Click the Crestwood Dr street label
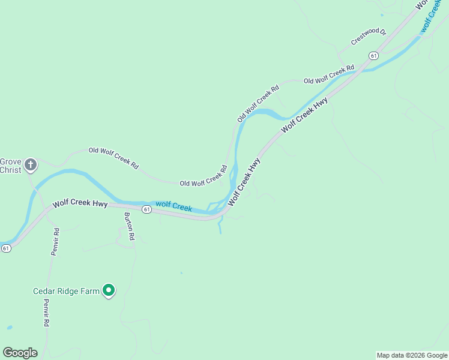tap(369, 37)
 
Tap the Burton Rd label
tap(130, 226)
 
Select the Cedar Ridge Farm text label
tap(65, 292)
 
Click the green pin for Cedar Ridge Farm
tap(109, 290)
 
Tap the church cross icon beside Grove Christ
tap(31, 164)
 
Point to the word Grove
tap(10, 161)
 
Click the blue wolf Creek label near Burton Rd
tap(173, 206)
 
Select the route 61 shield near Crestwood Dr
tap(374, 56)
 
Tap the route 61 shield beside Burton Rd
tap(146, 209)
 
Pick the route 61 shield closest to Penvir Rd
tap(6, 248)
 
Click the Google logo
tap(20, 353)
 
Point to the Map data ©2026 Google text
tap(412, 355)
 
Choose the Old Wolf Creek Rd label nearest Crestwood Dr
tap(329, 76)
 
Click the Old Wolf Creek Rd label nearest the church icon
tap(113, 157)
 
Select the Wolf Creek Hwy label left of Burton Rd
tap(80, 203)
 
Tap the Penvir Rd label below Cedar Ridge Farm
tap(46, 313)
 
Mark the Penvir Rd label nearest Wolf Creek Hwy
tap(55, 242)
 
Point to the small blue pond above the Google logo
tap(10, 328)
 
